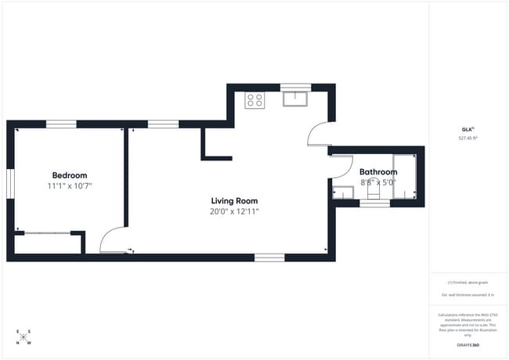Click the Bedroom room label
pyautogui.click(x=70, y=175)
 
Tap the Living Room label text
pyautogui.click(x=234, y=200)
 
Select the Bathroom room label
pyautogui.click(x=378, y=171)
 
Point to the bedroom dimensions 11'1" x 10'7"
pyautogui.click(x=70, y=186)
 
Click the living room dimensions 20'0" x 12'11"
pyautogui.click(x=234, y=211)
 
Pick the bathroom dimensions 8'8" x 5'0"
pyautogui.click(x=378, y=182)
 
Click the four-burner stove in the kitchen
pyautogui.click(x=254, y=100)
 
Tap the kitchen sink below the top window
pyautogui.click(x=294, y=99)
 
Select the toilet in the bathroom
pyautogui.click(x=374, y=191)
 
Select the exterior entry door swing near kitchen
pyautogui.click(x=317, y=135)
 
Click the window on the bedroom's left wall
pyautogui.click(x=10, y=185)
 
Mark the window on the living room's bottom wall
pyautogui.click(x=269, y=257)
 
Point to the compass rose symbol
pyautogui.click(x=23, y=337)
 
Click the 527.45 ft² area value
pyautogui.click(x=467, y=138)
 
